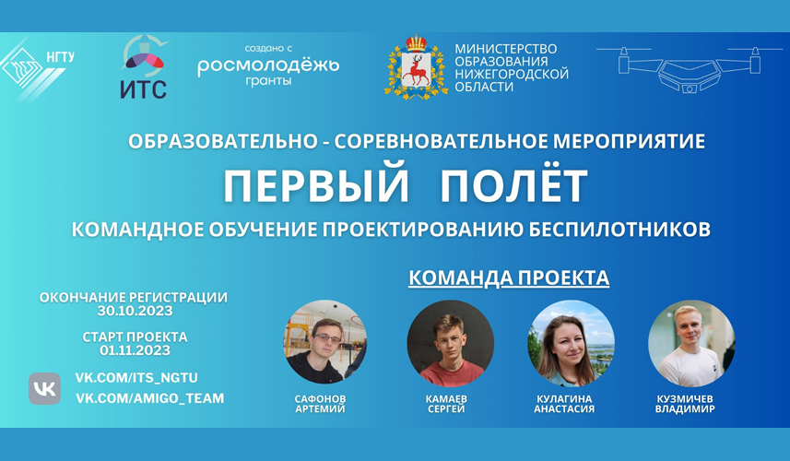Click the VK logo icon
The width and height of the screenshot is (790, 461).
click(x=44, y=388)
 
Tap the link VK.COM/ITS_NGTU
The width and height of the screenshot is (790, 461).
click(x=136, y=378)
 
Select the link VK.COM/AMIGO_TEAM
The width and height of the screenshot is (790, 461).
click(x=150, y=398)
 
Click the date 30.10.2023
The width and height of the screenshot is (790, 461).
click(x=135, y=311)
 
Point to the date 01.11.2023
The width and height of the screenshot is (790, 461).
click(x=135, y=350)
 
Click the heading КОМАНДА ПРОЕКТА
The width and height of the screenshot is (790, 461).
click(x=509, y=278)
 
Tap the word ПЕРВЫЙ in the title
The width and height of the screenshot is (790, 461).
click(x=316, y=185)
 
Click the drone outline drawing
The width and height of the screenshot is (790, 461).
click(x=689, y=69)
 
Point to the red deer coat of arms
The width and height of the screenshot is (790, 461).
click(x=416, y=67)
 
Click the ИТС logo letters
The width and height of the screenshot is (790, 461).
click(x=144, y=89)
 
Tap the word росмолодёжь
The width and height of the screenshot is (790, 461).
click(x=268, y=65)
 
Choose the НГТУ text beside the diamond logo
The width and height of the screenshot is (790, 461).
click(x=61, y=57)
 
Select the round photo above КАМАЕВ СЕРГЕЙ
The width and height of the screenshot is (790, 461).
click(x=451, y=344)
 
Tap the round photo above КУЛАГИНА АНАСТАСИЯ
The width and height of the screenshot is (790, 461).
click(x=571, y=344)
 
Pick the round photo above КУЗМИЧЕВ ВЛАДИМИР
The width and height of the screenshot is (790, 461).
click(x=691, y=344)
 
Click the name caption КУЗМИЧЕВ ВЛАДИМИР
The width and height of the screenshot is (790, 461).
click(x=685, y=404)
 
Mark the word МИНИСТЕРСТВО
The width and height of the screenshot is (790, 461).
click(x=506, y=49)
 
